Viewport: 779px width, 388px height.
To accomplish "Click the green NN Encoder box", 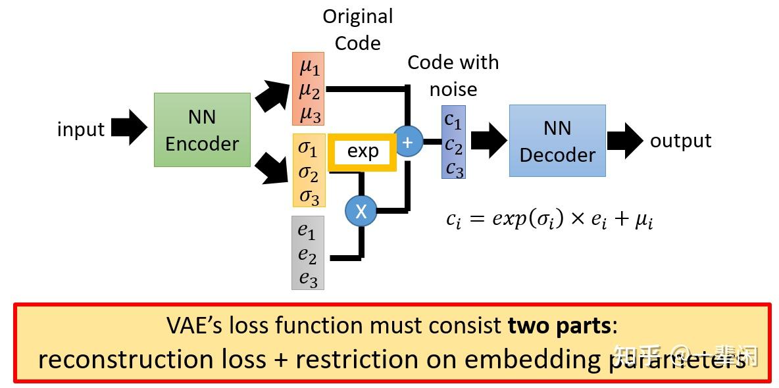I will (x=202, y=130).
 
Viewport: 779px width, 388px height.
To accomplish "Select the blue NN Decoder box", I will (x=557, y=141).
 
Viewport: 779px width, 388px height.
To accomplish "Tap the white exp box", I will (x=363, y=152).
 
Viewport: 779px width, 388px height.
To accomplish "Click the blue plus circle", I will (x=407, y=142).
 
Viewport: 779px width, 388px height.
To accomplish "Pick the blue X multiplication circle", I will (x=361, y=211).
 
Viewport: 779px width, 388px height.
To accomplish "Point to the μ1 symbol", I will (x=309, y=66).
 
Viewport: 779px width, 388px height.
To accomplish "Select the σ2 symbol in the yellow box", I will (x=309, y=173).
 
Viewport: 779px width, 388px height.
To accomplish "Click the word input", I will (x=80, y=130).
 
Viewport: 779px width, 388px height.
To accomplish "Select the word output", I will (x=680, y=141).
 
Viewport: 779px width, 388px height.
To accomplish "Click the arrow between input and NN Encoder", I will (x=128, y=128).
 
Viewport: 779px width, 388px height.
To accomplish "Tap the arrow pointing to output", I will (x=624, y=141).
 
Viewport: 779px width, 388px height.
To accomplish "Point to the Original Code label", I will (x=357, y=30).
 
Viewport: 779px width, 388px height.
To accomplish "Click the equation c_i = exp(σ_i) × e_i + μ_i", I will (x=549, y=219).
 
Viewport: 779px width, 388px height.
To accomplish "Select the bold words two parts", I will (x=559, y=326).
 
